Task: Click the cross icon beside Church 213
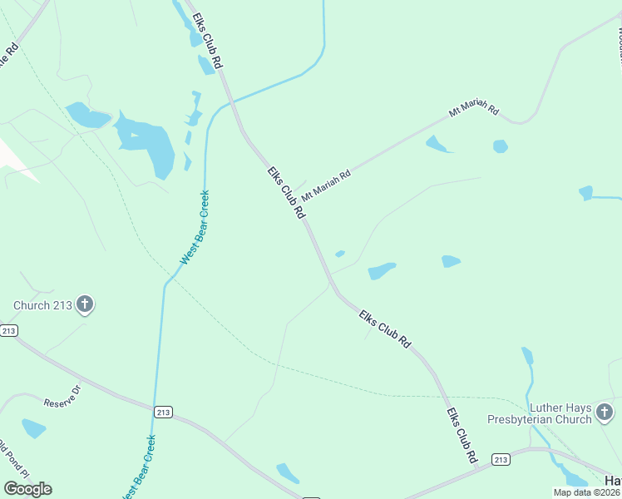tap(84, 304)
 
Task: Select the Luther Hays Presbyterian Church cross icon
tap(605, 412)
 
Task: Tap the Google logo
tap(27, 488)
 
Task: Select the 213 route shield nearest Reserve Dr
tap(164, 411)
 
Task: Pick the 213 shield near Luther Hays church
tap(501, 459)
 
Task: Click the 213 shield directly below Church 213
tap(8, 330)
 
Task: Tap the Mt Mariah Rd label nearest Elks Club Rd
tap(326, 185)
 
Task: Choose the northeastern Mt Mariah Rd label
tap(473, 111)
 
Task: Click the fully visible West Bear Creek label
tap(195, 228)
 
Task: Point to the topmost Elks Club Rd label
tap(207, 40)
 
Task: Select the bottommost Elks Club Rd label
tap(462, 435)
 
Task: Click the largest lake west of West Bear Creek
tap(148, 144)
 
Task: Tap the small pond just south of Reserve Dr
tap(34, 427)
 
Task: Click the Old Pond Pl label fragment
tap(9, 454)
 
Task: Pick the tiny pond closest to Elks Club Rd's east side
tap(339, 254)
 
